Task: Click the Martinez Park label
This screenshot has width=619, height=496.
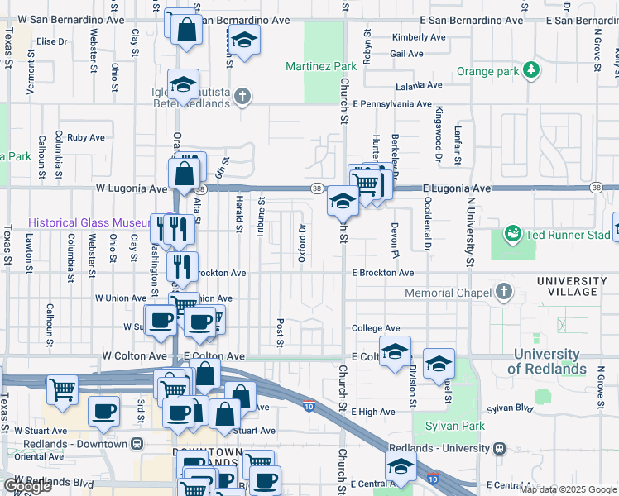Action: point(314,65)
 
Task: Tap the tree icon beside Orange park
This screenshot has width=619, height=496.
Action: point(530,72)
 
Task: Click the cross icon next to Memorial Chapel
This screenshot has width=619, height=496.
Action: point(502,293)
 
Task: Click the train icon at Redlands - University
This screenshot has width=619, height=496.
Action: point(498,448)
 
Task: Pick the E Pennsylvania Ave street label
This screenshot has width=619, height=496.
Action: point(391,105)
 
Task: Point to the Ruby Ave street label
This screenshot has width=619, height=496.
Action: point(86,137)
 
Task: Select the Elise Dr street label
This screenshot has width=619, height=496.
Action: point(50,41)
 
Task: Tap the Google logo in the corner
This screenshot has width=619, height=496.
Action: point(27,487)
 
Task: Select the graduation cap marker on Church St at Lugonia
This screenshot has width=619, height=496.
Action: point(343,201)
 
